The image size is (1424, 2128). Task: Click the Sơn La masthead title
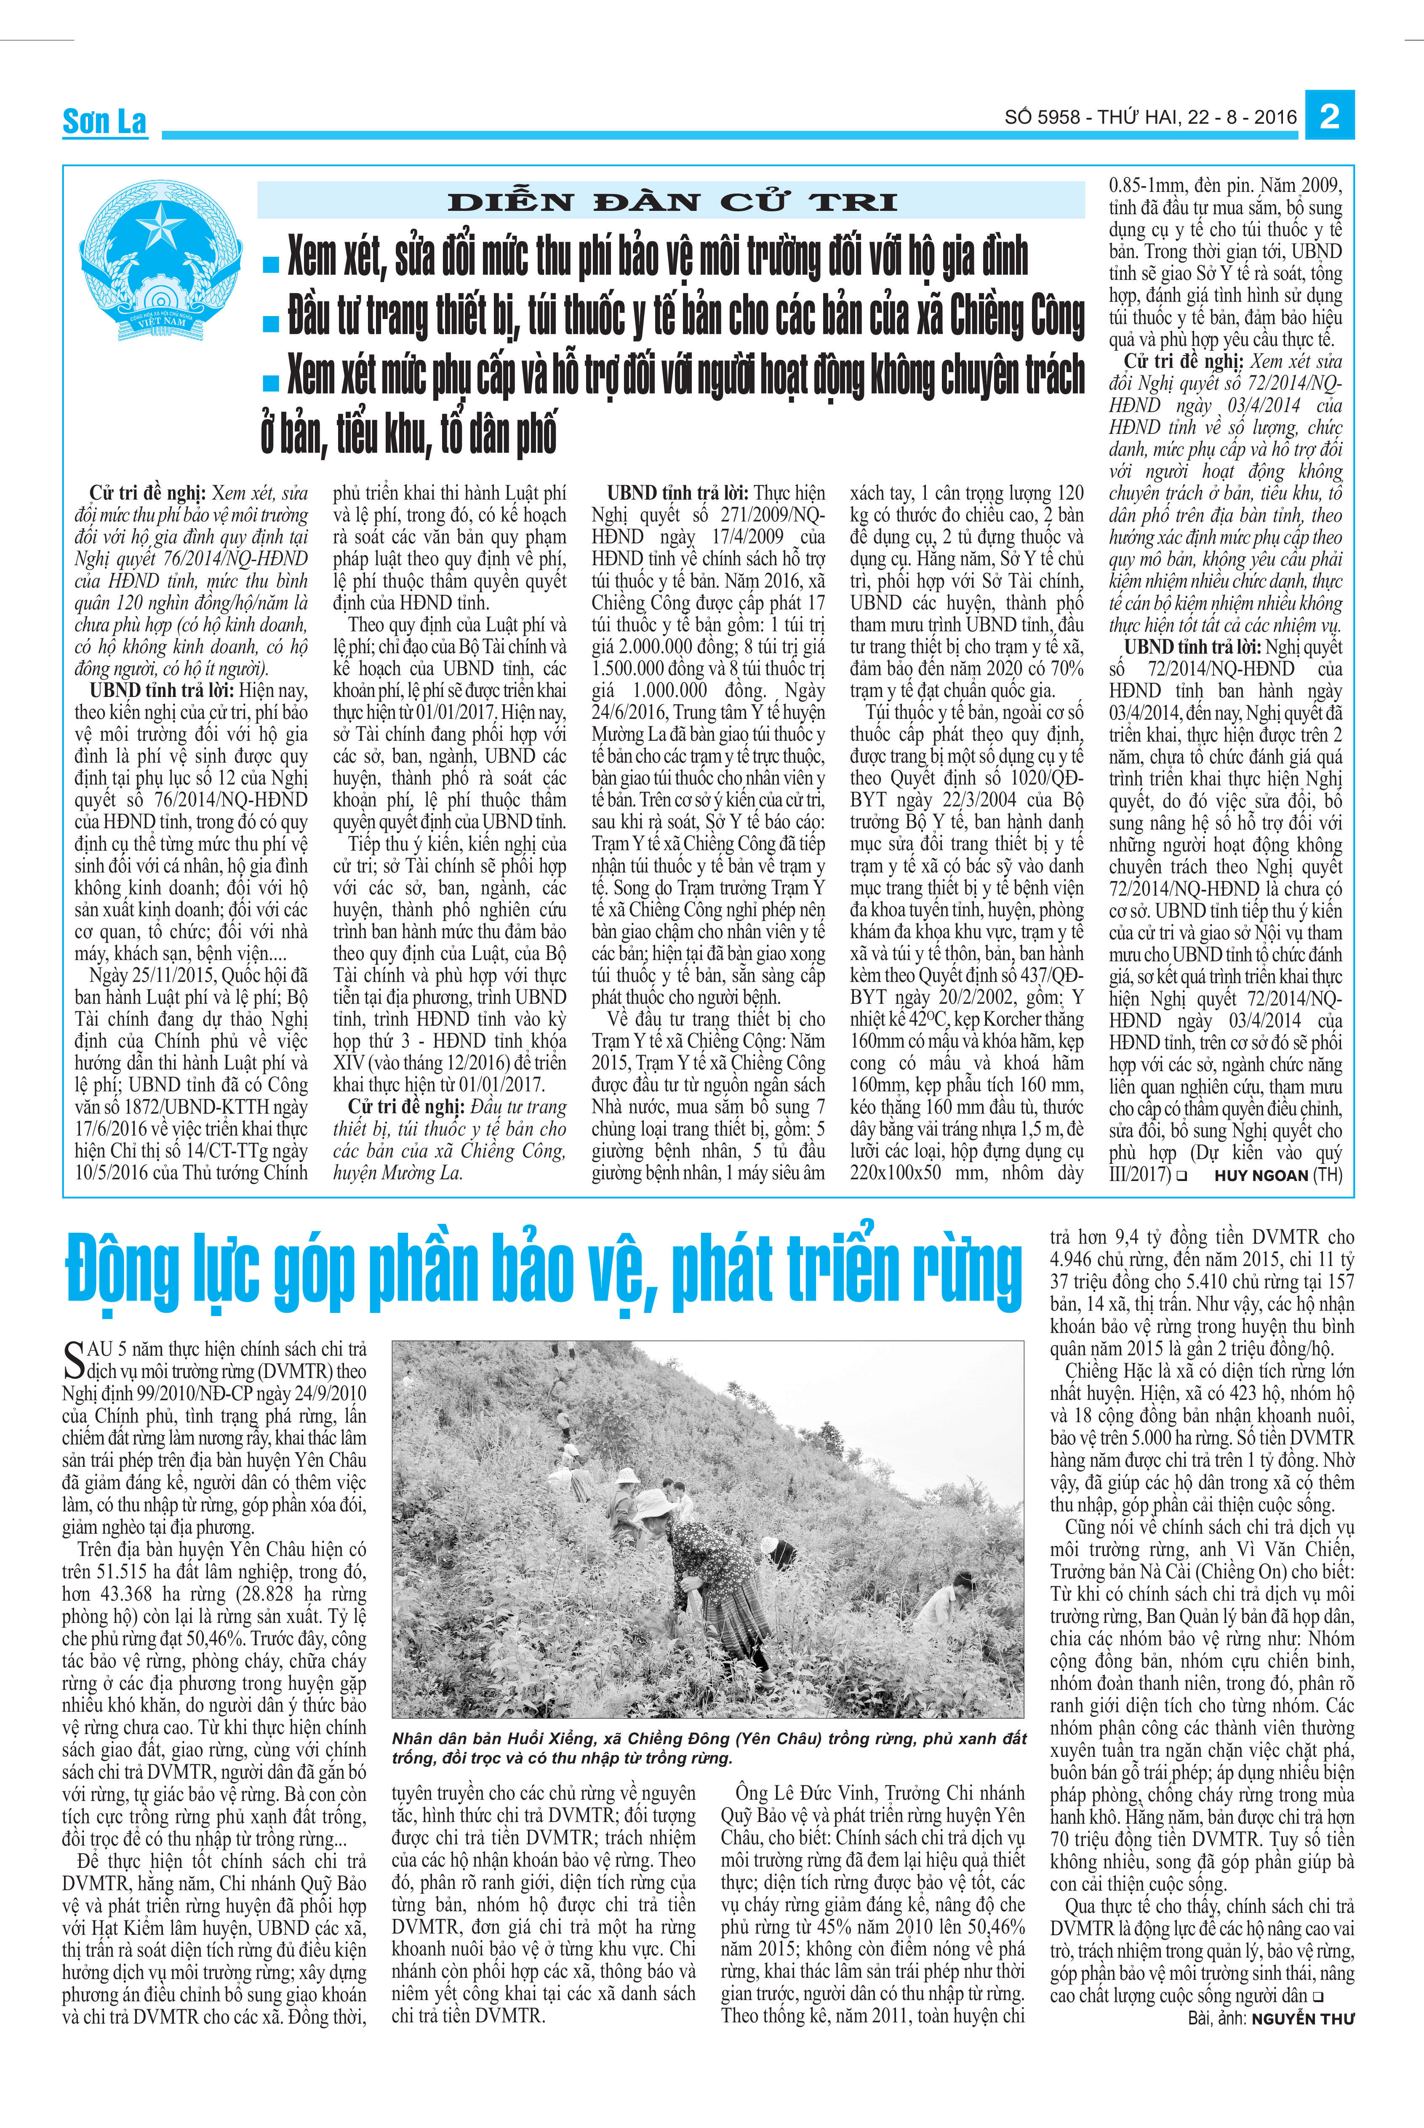(x=104, y=121)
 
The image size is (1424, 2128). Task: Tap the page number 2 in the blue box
(x=1330, y=116)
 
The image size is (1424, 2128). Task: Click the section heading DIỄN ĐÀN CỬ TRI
(x=672, y=202)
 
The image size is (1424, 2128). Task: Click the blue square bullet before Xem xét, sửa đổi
(x=270, y=264)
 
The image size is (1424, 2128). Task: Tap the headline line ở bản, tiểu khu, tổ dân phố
(x=409, y=434)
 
